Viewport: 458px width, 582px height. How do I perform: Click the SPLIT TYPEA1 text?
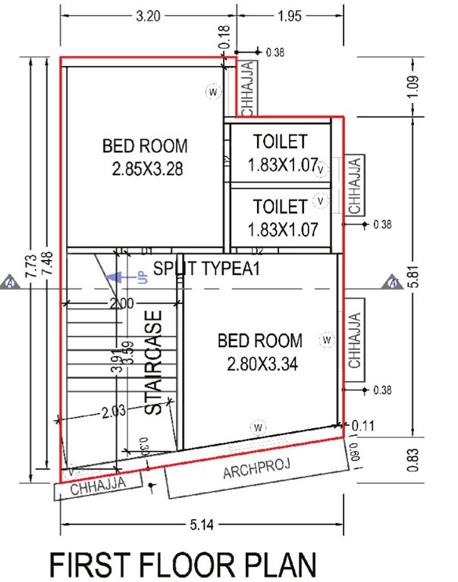(x=206, y=268)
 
